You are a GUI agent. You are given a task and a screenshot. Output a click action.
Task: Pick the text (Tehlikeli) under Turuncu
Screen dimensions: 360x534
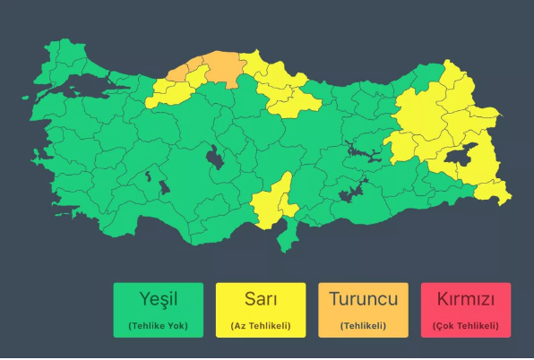(x=363, y=325)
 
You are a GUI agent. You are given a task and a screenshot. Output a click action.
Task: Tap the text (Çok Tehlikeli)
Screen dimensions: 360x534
(x=465, y=325)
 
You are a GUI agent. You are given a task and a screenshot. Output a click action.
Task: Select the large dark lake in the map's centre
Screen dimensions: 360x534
(x=216, y=159)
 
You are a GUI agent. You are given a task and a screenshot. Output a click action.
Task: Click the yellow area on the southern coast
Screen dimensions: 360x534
(x=271, y=202)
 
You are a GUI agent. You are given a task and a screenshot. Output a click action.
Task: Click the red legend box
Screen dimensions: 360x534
(x=465, y=310)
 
